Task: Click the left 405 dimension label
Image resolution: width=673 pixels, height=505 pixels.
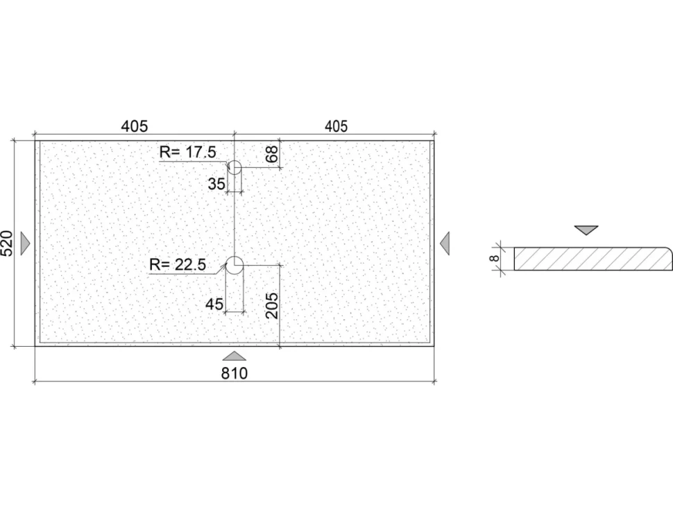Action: tap(135, 126)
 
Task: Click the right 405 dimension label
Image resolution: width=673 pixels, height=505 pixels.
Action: tap(336, 126)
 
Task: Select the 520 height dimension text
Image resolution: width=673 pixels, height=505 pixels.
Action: tap(8, 243)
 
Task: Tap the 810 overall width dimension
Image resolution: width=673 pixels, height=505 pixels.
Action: tap(235, 373)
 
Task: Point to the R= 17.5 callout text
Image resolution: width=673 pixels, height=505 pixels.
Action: tap(187, 152)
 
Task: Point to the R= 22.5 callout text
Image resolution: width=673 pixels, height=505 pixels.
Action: tap(178, 265)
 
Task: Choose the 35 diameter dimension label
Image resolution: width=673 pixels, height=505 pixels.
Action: tap(216, 184)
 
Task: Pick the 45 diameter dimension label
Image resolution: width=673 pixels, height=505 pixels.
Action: tap(214, 305)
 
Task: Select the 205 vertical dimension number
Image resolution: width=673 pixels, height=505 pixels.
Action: tap(272, 305)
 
